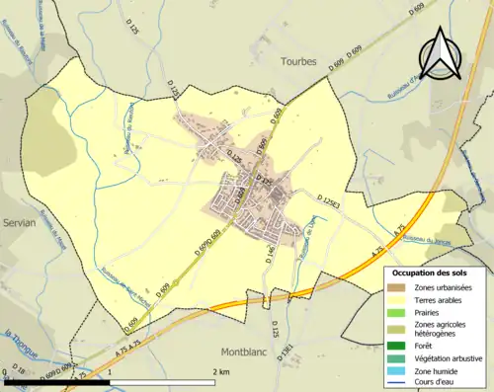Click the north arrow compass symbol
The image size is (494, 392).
[x=440, y=54]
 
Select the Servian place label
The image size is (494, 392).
[x=18, y=223]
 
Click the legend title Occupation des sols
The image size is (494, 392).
[x=429, y=273]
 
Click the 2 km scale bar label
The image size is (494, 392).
[x=214, y=370]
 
